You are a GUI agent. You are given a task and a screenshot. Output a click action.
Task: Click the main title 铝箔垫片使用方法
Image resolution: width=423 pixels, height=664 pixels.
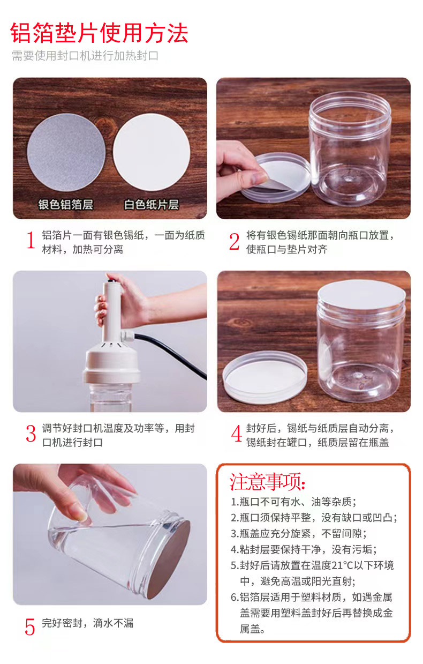tap(100, 33)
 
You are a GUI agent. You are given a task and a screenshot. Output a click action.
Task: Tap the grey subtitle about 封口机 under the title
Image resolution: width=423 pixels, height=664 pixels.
tap(85, 56)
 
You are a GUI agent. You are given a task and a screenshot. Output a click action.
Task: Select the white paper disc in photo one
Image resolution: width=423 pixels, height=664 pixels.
tap(152, 152)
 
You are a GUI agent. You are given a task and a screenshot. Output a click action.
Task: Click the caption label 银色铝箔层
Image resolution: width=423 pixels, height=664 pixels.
tap(65, 205)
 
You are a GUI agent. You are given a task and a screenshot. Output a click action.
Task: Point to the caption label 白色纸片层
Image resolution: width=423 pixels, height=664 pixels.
tap(152, 205)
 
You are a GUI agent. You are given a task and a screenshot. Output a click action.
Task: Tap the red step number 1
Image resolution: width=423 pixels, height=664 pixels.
tap(31, 241)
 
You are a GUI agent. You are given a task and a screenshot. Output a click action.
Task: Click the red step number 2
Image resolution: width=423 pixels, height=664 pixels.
tap(234, 242)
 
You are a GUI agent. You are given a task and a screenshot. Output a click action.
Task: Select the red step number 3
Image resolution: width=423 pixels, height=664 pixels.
tap(31, 434)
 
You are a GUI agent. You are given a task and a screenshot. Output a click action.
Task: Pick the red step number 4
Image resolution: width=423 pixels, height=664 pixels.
tap(236, 434)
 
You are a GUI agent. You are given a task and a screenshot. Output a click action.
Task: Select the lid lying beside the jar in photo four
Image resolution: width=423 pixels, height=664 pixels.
tap(265, 375)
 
